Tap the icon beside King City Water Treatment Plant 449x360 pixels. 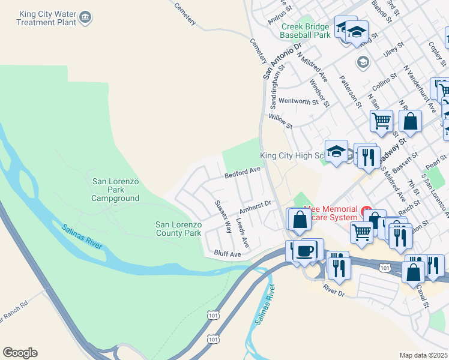[85, 17]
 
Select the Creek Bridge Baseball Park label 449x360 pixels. [306, 31]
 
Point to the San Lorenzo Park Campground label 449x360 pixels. [115, 190]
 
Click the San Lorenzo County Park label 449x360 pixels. [178, 228]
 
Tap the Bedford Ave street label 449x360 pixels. [243, 173]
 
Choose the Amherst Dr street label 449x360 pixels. [256, 207]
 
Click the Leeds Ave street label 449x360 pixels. [242, 233]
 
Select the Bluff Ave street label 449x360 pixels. [228, 254]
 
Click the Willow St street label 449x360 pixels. [280, 122]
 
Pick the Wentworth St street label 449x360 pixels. [298, 101]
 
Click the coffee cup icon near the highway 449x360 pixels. [306, 250]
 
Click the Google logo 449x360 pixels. [20, 353]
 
